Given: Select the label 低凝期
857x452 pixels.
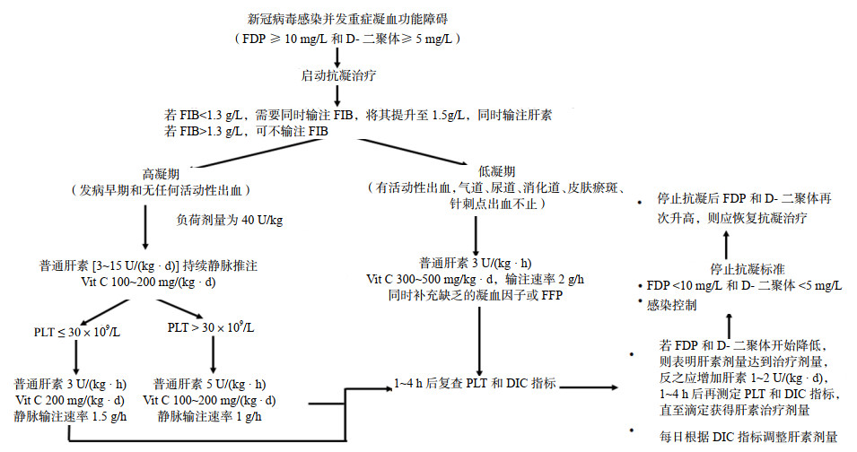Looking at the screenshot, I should [498, 170].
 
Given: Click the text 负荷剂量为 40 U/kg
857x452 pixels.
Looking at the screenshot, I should [230, 220].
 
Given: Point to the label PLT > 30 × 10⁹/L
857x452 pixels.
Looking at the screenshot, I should [213, 328].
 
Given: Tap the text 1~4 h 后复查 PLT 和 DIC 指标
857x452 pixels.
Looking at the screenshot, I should [475, 385].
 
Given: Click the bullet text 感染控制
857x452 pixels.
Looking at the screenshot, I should [672, 304].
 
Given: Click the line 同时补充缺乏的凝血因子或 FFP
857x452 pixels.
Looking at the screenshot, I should [476, 296].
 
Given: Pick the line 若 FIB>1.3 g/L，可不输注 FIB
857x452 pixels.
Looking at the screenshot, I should [248, 131].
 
